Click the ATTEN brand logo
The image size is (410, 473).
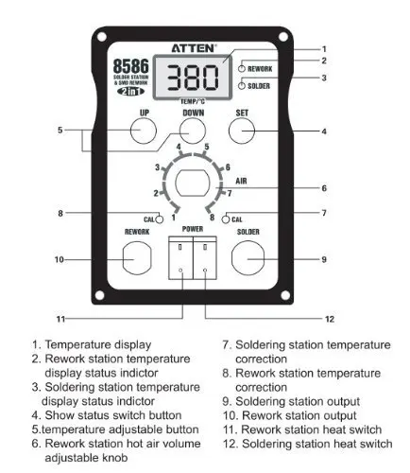[x=194, y=48]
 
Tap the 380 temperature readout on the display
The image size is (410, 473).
[x=193, y=78]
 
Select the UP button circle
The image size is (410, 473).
[x=144, y=131]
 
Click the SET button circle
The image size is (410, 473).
[x=242, y=131]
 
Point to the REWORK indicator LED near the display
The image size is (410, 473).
[x=242, y=68]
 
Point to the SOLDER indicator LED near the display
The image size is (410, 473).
[x=242, y=86]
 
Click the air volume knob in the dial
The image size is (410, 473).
[x=192, y=183]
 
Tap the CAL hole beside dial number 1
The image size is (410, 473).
[x=160, y=219]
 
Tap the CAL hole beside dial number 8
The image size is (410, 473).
[x=226, y=219]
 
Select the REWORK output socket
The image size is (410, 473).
[x=137, y=258]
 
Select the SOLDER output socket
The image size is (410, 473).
[x=248, y=258]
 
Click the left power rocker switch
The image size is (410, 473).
[x=180, y=258]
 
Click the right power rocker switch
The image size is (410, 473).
[x=205, y=258]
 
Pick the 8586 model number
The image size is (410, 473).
[x=130, y=66]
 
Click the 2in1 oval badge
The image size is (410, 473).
[x=130, y=92]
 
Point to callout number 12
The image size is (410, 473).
[x=329, y=319]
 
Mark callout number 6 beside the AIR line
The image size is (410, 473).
[x=324, y=188]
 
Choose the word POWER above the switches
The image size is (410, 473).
[x=193, y=229]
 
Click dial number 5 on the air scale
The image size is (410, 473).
[x=207, y=147]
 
